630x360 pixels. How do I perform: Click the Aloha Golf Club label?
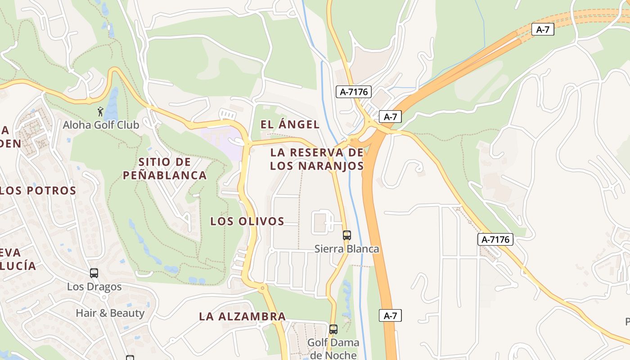pos(101,125)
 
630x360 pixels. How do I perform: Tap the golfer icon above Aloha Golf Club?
pos(100,111)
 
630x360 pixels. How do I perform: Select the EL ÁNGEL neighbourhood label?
pos(290,125)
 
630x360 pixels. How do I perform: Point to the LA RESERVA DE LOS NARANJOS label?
pos(317,159)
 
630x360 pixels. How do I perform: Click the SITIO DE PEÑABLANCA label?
pos(165,168)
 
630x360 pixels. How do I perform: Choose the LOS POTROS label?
pos(38,190)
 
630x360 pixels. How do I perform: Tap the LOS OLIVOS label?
pos(247,221)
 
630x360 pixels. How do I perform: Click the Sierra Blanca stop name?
pos(346,249)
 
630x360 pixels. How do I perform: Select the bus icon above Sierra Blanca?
pos(346,235)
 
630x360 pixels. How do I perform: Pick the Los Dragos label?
pos(94,287)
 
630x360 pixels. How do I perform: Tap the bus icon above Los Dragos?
pos(94,273)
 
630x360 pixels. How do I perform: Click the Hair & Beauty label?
pos(110,313)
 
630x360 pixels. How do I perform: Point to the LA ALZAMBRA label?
pos(242,316)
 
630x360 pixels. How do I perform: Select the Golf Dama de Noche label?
pos(333,349)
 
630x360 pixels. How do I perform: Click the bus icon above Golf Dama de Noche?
pos(333,329)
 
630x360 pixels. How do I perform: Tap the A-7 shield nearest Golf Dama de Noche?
pos(390,315)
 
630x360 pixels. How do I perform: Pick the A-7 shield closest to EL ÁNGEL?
pos(390,117)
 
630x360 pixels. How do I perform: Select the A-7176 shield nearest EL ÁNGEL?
pos(354,92)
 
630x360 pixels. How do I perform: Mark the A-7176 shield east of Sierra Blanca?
pos(495,239)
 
